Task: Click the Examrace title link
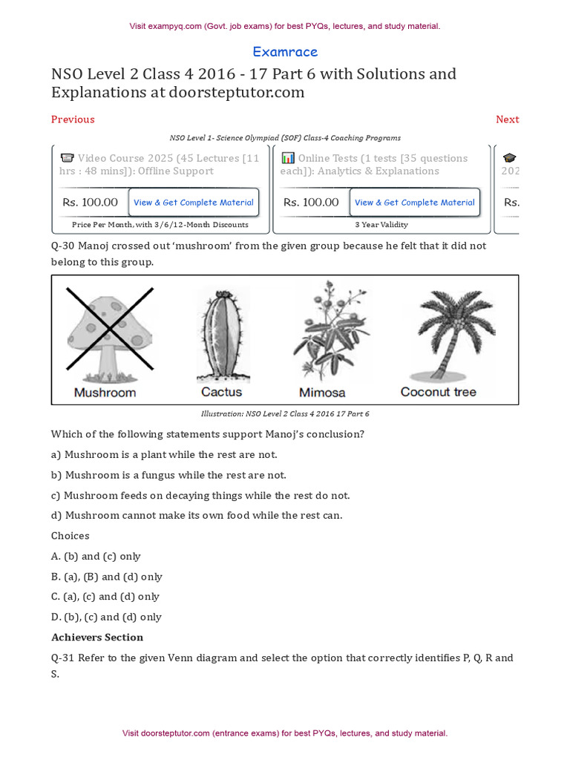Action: [285, 52]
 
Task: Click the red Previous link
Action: [73, 119]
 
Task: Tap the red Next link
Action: [507, 119]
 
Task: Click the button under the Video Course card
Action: [193, 202]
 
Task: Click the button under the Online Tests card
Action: [414, 202]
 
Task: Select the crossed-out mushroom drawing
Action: [110, 330]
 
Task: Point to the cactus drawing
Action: [222, 333]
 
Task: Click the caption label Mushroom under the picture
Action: [105, 393]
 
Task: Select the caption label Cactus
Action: [221, 392]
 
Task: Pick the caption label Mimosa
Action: [322, 393]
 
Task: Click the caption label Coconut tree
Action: [438, 392]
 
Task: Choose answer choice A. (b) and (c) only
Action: [96, 557]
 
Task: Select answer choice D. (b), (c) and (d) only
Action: [106, 617]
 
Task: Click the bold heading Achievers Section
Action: [97, 638]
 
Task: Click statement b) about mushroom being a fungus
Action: [168, 475]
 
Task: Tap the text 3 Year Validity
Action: [381, 224]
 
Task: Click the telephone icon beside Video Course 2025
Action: [67, 158]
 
